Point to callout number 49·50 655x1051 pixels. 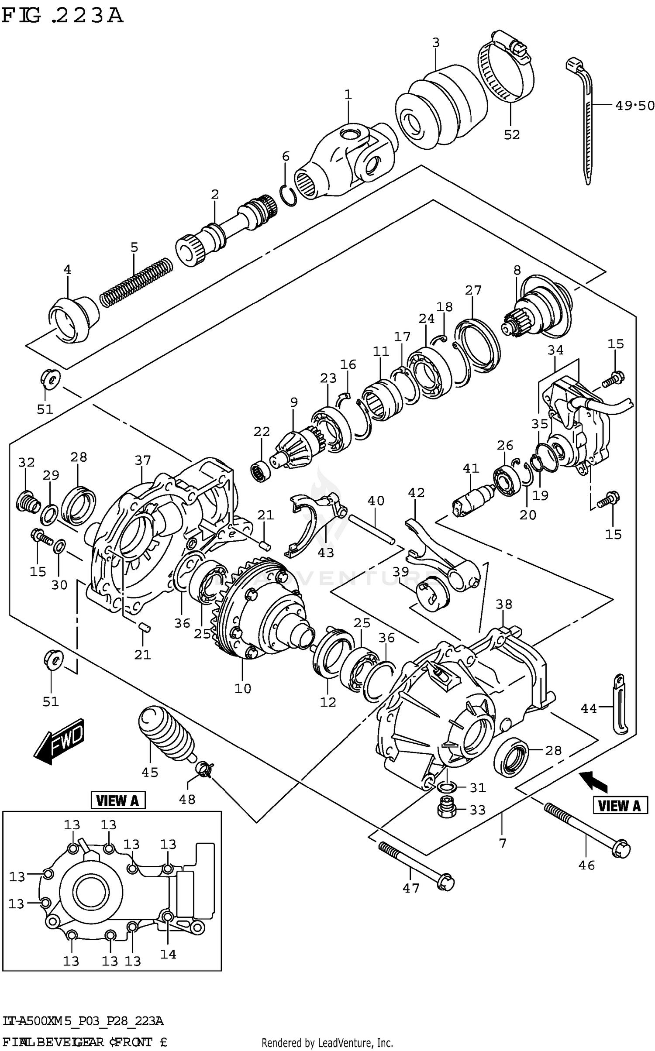click(x=634, y=106)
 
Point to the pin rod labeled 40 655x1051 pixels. click(x=372, y=529)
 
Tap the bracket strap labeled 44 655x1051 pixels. click(x=619, y=706)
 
